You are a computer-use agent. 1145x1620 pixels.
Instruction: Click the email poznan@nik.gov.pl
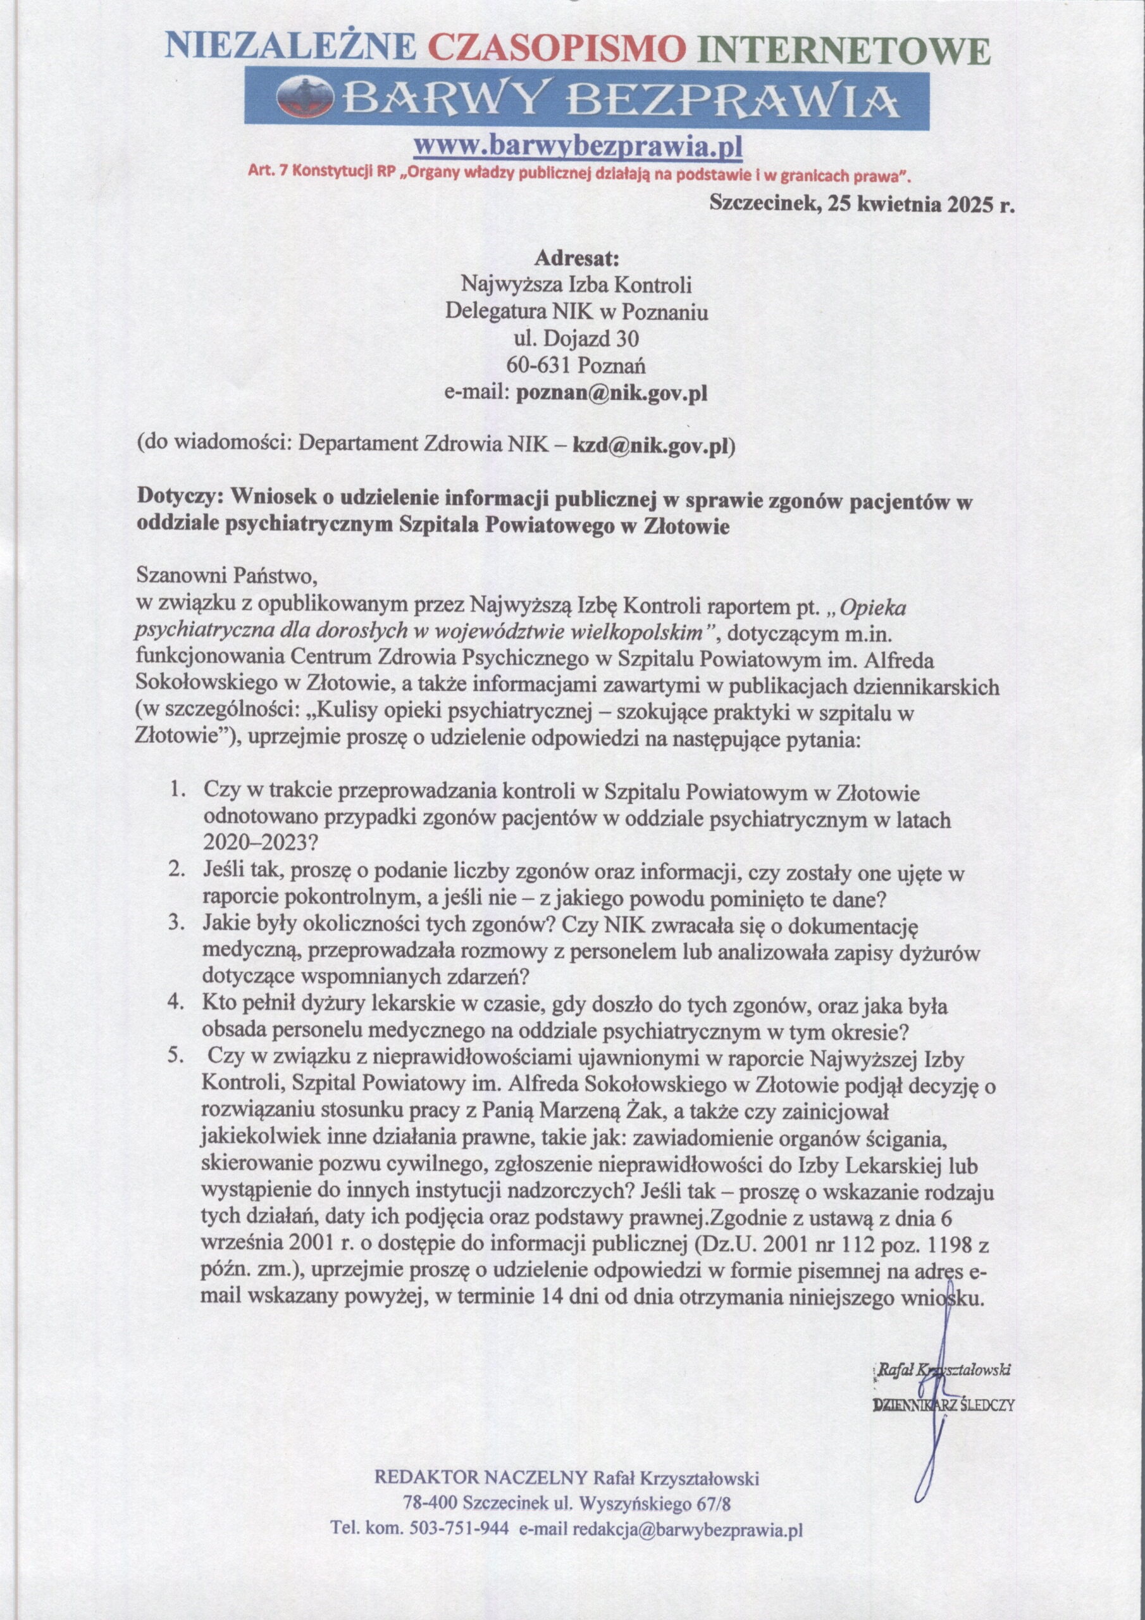click(x=612, y=393)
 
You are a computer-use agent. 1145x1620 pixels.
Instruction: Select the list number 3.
click(x=177, y=922)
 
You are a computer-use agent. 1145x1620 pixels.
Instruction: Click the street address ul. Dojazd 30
click(x=576, y=339)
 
